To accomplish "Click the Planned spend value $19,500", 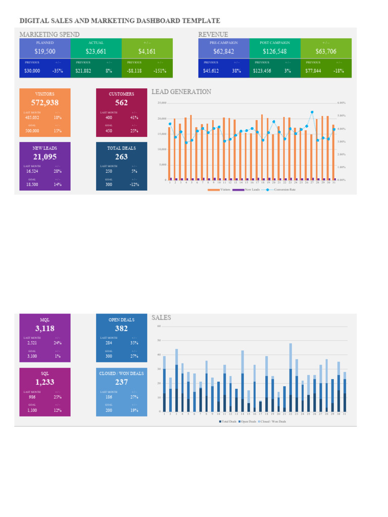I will click(45, 51).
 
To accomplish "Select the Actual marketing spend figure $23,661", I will click(96, 51).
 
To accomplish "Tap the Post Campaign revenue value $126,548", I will click(275, 51).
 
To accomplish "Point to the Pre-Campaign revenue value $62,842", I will click(224, 51).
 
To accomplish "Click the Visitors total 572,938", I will click(44, 103).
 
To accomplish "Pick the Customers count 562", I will click(121, 103).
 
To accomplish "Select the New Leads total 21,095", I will click(44, 157).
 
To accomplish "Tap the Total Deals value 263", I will click(121, 157).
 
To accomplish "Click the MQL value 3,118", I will click(44, 328).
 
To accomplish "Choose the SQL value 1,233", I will click(44, 382).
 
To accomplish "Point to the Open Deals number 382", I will click(121, 328).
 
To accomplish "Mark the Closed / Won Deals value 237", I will click(121, 382).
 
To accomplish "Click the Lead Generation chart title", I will click(181, 92).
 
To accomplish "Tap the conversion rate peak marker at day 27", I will click(312, 112).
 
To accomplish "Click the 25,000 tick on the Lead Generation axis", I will click(162, 103).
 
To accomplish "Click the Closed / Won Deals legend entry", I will click(273, 421).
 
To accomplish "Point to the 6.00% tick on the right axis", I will click(341, 103).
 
